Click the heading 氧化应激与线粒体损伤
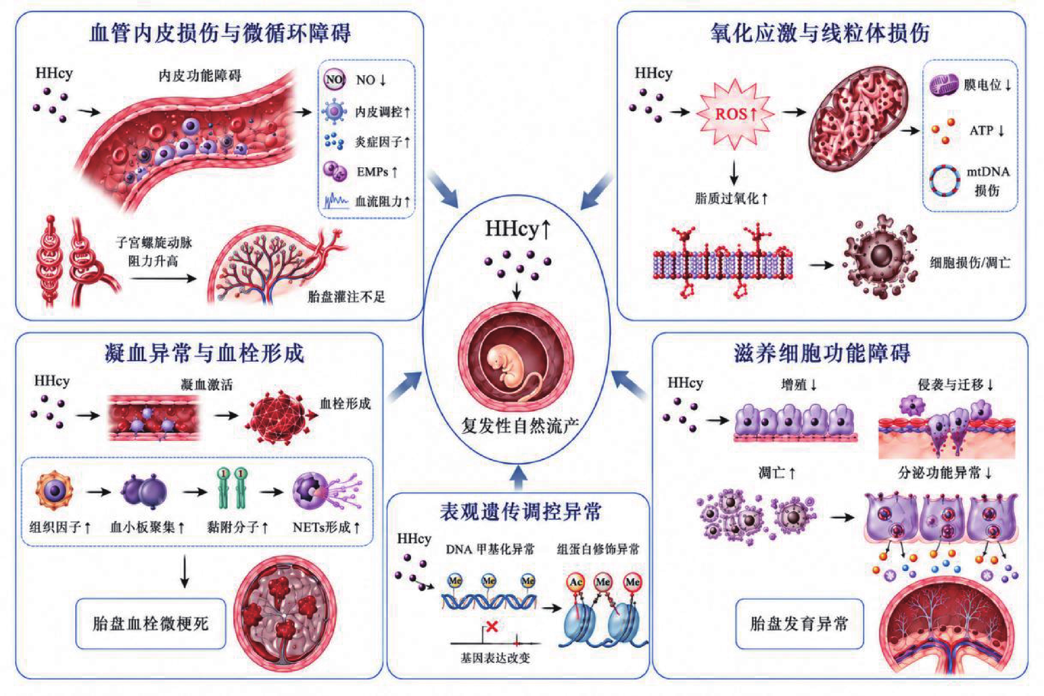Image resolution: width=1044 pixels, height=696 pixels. pos(820,33)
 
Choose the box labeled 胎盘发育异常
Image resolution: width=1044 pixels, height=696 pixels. pos(799,624)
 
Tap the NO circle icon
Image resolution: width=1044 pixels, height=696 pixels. pos(334,80)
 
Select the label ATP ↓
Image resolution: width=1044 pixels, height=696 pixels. pos(987,131)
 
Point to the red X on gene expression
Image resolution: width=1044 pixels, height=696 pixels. pos(492,626)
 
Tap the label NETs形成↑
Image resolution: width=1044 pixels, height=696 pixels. pos(327,527)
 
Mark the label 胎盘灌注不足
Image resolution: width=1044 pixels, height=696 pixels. pos(346,296)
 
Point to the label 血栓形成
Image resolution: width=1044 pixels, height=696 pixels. pos(345,403)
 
